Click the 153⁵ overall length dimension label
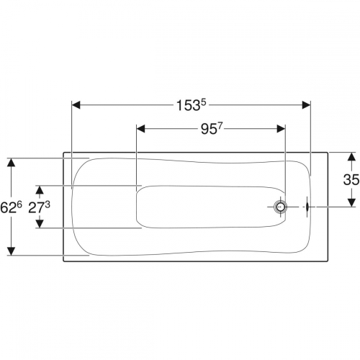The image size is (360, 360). [x=192, y=105]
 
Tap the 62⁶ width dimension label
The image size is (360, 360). [x=11, y=207]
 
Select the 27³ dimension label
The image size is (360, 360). [x=39, y=207]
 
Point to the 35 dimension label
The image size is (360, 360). [x=351, y=179]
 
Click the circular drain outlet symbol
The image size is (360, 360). [x=280, y=207]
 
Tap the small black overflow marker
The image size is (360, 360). [x=307, y=207]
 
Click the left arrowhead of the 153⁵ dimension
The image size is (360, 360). [x=76, y=105]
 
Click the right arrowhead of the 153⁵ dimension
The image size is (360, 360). [x=306, y=105]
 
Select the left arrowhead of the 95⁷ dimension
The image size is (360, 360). [x=140, y=129]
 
